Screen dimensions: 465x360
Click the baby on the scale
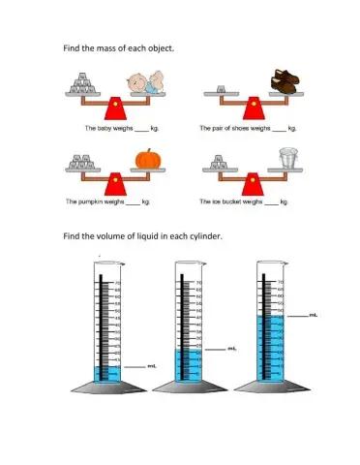click(142, 85)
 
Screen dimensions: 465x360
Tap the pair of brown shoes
click(285, 81)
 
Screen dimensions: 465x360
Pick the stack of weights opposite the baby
click(88, 87)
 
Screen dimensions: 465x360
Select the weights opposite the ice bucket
click(225, 165)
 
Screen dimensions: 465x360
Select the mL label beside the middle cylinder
click(232, 348)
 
